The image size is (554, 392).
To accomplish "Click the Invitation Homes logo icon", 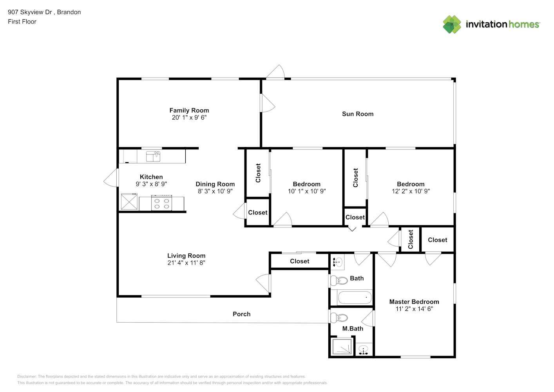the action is (452, 24).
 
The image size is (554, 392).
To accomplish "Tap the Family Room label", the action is (189, 111).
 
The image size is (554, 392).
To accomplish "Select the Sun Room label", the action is (358, 114).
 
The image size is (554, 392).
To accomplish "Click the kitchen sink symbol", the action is (153, 156).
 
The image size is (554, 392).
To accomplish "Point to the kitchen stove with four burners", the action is (161, 203).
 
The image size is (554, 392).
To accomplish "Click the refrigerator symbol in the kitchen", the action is (129, 201).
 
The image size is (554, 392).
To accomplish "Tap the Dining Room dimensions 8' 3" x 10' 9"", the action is (215, 191).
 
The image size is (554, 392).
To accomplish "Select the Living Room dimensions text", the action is (186, 263).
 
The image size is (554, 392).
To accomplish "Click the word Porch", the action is (242, 314).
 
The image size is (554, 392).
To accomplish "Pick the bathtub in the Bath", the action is (355, 298).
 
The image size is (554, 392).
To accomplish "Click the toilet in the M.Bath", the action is (339, 318).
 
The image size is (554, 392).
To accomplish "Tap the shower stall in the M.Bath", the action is (342, 347).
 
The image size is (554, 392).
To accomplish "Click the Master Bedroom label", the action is (414, 302).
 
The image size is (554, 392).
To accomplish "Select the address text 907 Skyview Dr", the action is (30, 12).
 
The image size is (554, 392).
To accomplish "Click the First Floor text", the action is (22, 22).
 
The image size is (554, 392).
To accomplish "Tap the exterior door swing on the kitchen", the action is (111, 178).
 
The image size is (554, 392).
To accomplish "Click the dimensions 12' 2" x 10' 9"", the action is (411, 191).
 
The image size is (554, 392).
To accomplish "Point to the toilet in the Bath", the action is (339, 280).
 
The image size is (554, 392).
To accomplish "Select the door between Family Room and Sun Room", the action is (268, 103).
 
